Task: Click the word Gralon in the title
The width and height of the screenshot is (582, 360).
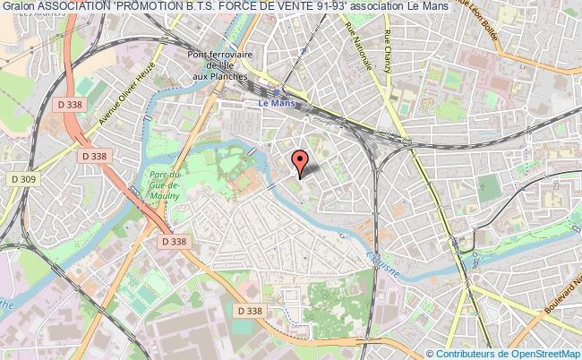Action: coord(18,9)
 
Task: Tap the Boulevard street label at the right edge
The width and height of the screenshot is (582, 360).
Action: coord(561,304)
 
